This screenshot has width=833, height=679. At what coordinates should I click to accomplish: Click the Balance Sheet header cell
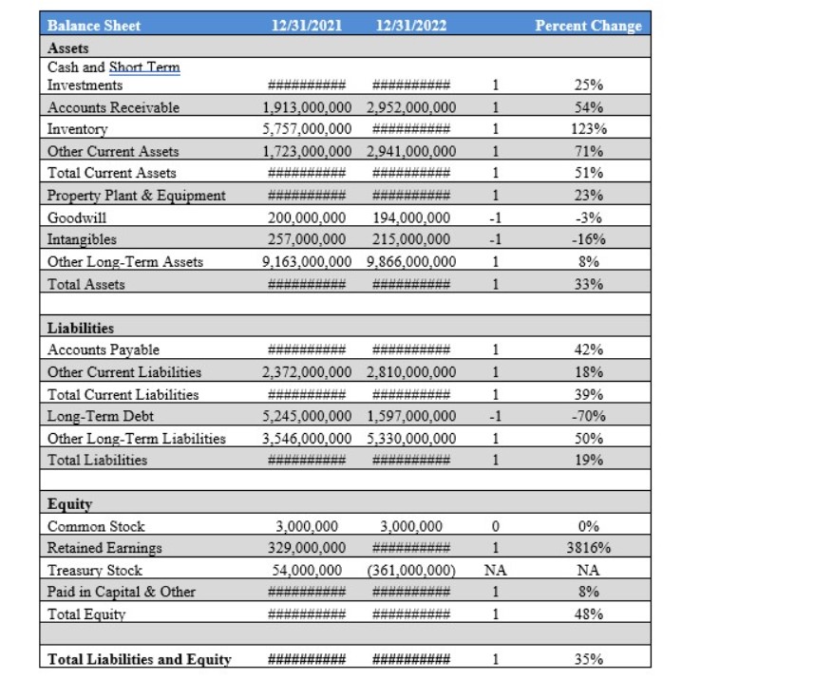tap(94, 26)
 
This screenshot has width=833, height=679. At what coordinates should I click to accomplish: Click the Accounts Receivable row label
tap(113, 107)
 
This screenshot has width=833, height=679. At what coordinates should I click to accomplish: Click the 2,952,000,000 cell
tap(410, 107)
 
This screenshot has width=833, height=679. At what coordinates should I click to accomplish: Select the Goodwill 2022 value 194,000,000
tap(410, 217)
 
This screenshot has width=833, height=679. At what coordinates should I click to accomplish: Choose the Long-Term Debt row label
tap(101, 416)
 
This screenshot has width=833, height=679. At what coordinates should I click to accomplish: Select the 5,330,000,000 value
tap(410, 438)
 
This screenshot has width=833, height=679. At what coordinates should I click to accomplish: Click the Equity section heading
tap(69, 504)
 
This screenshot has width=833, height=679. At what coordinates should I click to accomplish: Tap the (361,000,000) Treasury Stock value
tap(410, 570)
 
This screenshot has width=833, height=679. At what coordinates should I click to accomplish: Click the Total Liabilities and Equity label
tap(140, 659)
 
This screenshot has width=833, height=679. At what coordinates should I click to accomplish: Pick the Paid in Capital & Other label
tap(122, 592)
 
